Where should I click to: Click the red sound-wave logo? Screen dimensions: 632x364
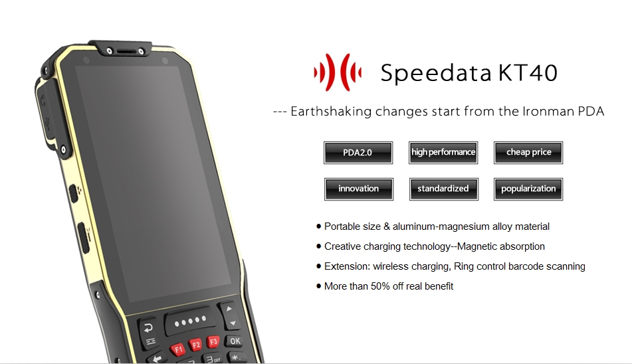[338, 72]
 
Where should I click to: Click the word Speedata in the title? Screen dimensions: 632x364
[436, 73]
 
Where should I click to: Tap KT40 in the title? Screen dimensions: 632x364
[528, 72]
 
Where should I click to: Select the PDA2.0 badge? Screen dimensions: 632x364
[358, 153]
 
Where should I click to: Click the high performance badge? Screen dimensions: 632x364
[443, 153]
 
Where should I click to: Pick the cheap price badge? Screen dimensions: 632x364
[528, 153]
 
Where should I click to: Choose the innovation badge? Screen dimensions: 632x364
[358, 189]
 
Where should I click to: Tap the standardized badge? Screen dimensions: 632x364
[443, 189]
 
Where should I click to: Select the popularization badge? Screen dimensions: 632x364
[528, 189]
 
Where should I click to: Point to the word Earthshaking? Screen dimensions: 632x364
[331, 112]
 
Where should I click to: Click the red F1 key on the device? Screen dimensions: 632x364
[177, 349]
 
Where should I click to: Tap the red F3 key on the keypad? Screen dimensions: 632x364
[213, 341]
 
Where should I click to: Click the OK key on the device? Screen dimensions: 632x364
[235, 341]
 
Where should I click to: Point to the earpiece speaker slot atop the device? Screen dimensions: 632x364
[126, 52]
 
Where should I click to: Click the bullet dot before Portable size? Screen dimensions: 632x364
[319, 227]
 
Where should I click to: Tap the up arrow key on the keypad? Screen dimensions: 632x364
[229, 310]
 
